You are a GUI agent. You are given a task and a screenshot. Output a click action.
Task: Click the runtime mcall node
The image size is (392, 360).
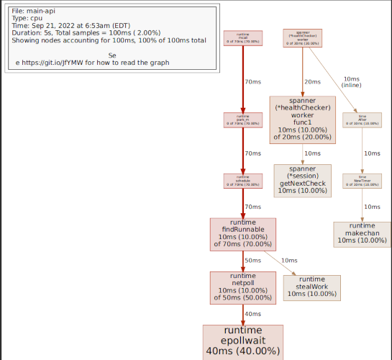pyautogui.click(x=242, y=38)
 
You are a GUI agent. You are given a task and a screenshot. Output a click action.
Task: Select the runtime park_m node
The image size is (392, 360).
pyautogui.click(x=242, y=120)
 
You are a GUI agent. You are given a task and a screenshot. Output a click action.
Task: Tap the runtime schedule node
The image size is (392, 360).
pyautogui.click(x=242, y=181)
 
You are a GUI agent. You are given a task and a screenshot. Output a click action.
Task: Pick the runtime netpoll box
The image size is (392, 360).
pyautogui.click(x=242, y=287)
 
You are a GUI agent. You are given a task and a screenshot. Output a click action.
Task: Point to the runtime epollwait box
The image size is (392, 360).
pyautogui.click(x=242, y=341)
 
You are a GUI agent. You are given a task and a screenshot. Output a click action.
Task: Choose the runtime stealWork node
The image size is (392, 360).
pyautogui.click(x=312, y=286)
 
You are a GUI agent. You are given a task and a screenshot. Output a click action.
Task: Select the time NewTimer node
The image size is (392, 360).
pyautogui.click(x=363, y=181)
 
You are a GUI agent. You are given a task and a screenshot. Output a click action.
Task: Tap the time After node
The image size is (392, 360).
pyautogui.click(x=363, y=120)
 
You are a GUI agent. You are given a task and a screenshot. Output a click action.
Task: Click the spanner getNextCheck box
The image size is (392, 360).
pyautogui.click(x=303, y=180)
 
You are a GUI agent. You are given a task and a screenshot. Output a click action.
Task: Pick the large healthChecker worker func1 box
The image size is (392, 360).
pyautogui.click(x=303, y=120)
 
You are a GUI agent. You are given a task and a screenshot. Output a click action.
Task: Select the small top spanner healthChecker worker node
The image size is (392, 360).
pyautogui.click(x=303, y=38)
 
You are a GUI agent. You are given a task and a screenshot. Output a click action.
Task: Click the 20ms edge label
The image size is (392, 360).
pyautogui.click(x=312, y=82)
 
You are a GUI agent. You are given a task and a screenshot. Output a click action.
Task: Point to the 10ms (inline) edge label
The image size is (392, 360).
pyautogui.click(x=352, y=82)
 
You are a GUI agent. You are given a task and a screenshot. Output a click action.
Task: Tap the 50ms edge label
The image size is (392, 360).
pyautogui.click(x=252, y=261)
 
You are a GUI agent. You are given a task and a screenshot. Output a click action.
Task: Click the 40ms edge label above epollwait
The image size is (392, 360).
pyautogui.click(x=252, y=314)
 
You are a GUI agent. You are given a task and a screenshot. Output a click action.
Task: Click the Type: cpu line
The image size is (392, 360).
pyautogui.click(x=27, y=19)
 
